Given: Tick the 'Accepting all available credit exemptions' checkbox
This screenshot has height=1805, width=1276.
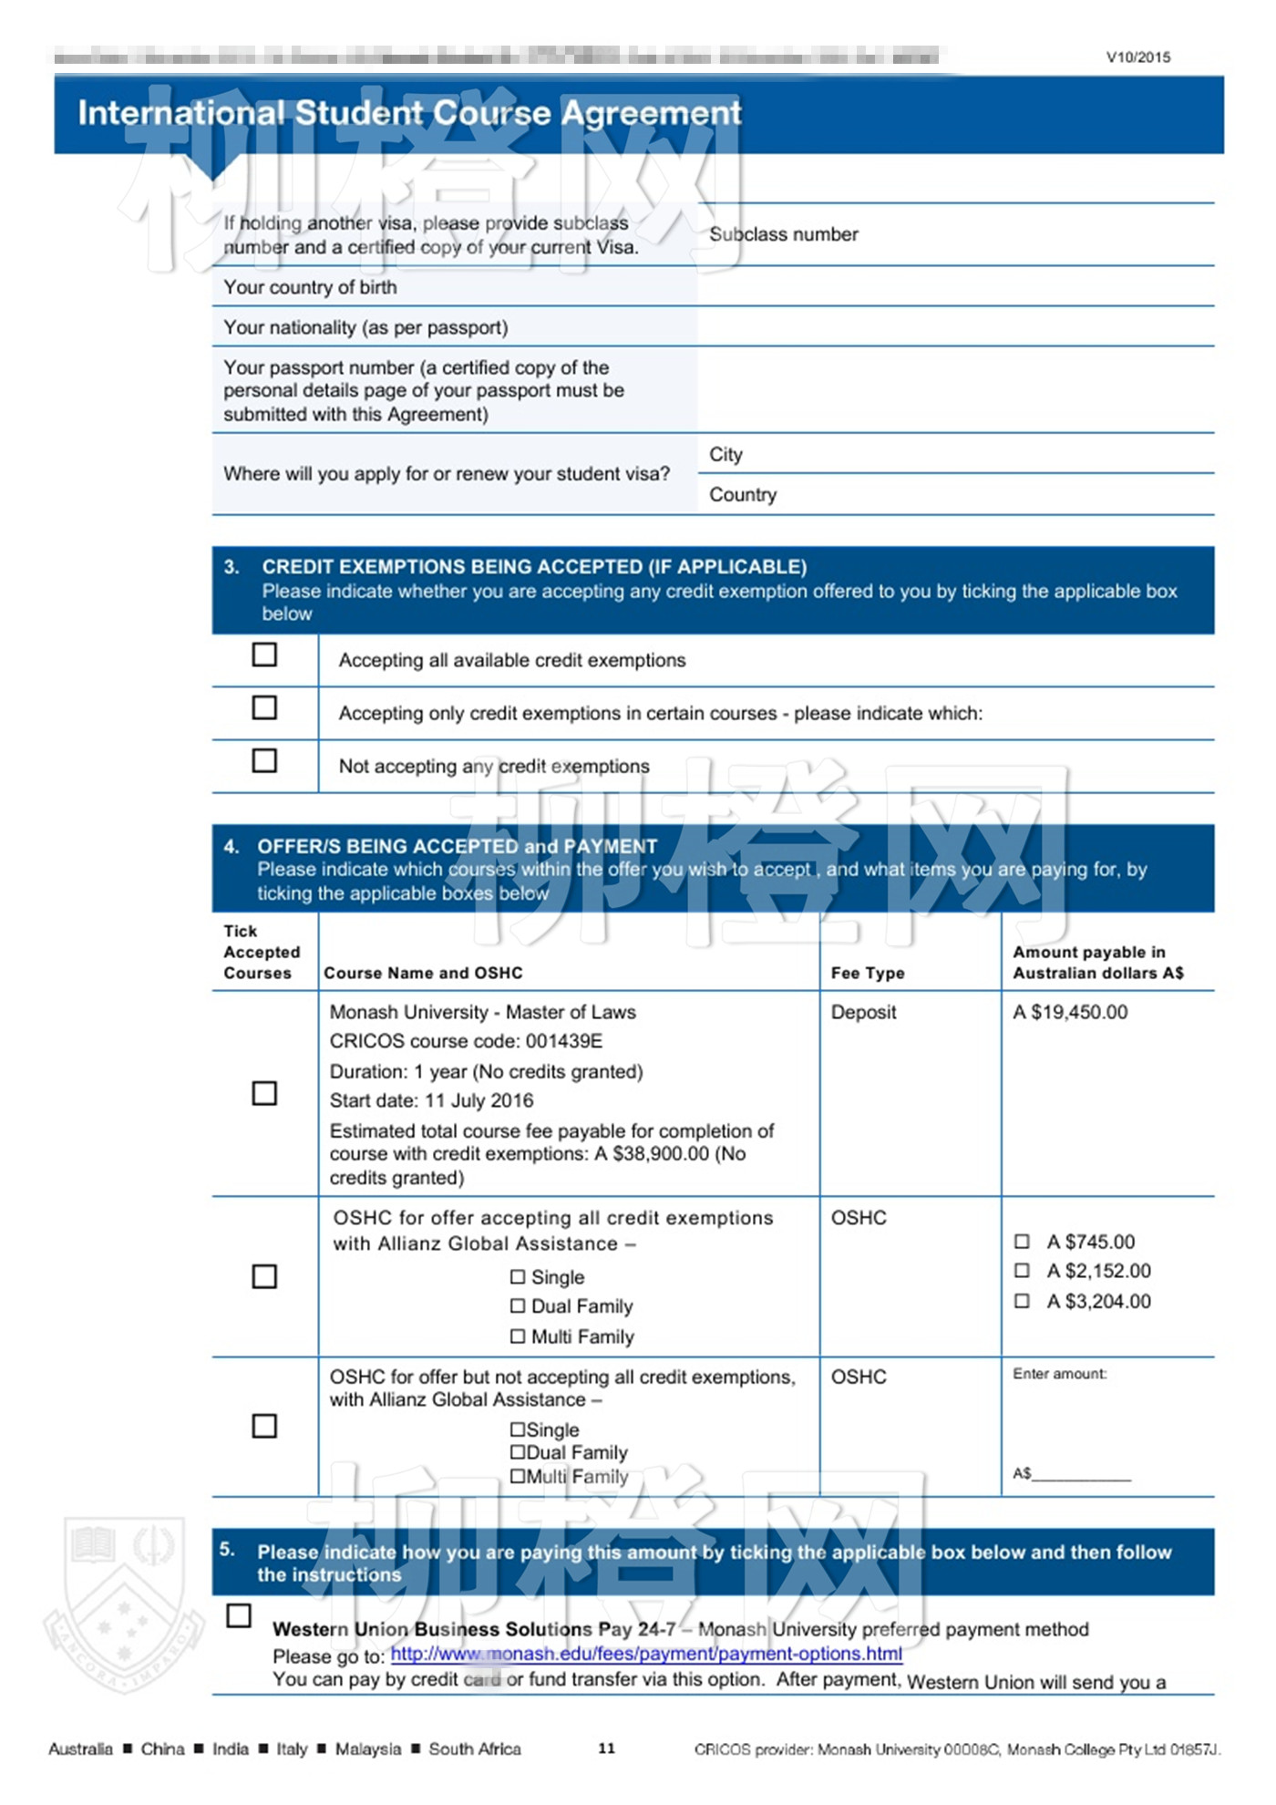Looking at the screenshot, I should pyautogui.click(x=264, y=655).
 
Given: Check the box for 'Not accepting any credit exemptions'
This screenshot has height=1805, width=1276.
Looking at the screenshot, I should pyautogui.click(x=264, y=760).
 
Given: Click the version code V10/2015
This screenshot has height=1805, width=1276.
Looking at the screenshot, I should pyautogui.click(x=1138, y=57).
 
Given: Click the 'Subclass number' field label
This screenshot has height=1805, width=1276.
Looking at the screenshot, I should pyautogui.click(x=784, y=234).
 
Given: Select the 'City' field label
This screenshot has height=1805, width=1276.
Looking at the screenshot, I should pyautogui.click(x=725, y=454).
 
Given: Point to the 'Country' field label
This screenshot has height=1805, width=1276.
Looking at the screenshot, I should pyautogui.click(x=743, y=494).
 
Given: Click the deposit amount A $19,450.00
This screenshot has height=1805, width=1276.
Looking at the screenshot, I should pyautogui.click(x=1070, y=1012).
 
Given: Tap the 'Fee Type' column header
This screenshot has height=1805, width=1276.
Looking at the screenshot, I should pyautogui.click(x=868, y=973).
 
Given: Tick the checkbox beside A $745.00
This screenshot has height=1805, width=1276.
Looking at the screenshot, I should pyautogui.click(x=1022, y=1242).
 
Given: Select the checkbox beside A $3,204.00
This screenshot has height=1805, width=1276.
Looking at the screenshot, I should pyautogui.click(x=1022, y=1301).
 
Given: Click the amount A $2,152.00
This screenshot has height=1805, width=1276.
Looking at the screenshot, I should pyautogui.click(x=1098, y=1271).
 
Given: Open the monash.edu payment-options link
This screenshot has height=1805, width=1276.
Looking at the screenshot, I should pyautogui.click(x=646, y=1654).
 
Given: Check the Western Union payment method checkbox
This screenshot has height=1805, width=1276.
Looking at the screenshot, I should pyautogui.click(x=239, y=1615).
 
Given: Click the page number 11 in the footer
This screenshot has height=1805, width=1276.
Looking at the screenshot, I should pyautogui.click(x=606, y=1748).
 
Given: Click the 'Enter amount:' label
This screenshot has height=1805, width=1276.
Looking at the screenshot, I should pyautogui.click(x=1060, y=1374).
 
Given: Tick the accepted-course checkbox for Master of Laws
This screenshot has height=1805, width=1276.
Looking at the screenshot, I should pyautogui.click(x=264, y=1093).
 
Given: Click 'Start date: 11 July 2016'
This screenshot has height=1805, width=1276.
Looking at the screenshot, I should pyautogui.click(x=431, y=1100).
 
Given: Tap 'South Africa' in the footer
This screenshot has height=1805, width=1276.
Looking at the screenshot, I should pyautogui.click(x=475, y=1748).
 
